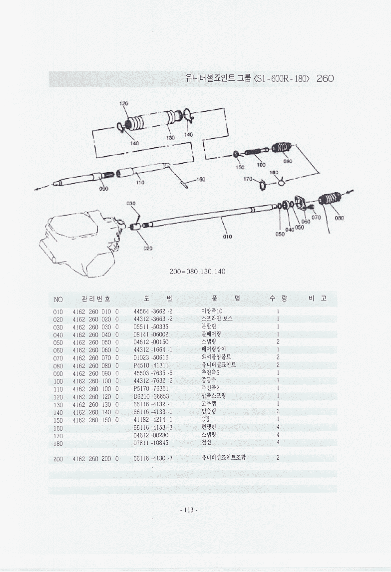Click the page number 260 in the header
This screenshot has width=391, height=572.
325,79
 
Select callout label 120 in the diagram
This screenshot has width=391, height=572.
123,104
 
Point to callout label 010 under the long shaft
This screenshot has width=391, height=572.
227,237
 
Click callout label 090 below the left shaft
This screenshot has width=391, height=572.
103,189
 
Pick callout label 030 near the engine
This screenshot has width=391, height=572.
131,204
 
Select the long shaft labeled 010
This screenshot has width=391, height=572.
210,216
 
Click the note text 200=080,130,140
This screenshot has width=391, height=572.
198,272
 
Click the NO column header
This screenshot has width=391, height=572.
58,299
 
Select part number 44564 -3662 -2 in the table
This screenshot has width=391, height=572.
153,311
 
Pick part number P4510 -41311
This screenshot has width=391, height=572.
151,365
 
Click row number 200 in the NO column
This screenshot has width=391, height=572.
58,458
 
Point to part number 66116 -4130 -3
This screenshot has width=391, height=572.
153,458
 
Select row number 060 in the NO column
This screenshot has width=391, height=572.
58,349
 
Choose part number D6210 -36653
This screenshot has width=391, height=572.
151,396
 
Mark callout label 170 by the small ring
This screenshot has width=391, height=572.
247,179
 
